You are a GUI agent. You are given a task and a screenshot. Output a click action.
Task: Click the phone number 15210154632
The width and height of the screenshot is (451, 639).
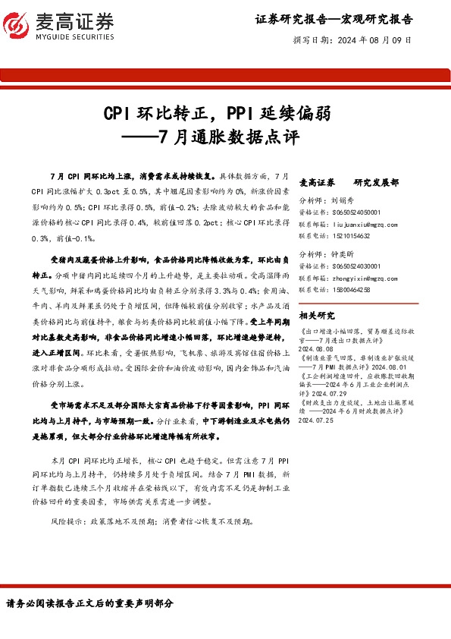(356, 236)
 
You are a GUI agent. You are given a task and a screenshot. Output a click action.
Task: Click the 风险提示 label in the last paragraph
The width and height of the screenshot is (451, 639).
(64, 521)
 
